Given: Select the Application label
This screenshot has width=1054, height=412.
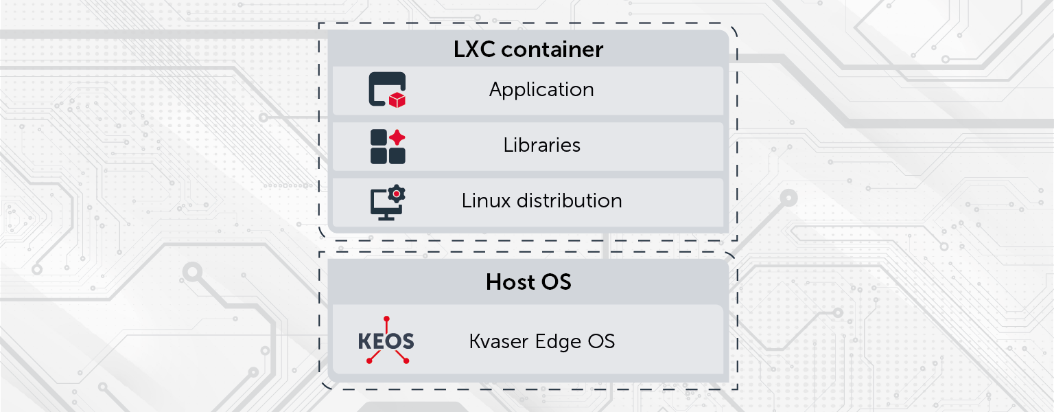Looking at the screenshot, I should click(x=541, y=89).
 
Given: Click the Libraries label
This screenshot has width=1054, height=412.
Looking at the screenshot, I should click(x=541, y=145).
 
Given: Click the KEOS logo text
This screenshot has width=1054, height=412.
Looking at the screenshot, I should click(x=386, y=341).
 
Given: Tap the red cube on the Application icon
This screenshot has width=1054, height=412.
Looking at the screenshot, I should click(x=397, y=100).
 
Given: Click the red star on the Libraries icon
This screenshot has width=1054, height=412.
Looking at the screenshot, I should click(x=397, y=137).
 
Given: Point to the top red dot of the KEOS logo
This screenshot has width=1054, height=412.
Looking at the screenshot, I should click(x=386, y=319).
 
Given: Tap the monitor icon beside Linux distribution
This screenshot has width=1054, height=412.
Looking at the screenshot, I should click(x=384, y=205).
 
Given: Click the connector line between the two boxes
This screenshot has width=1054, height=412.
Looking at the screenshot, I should click(x=607, y=246).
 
